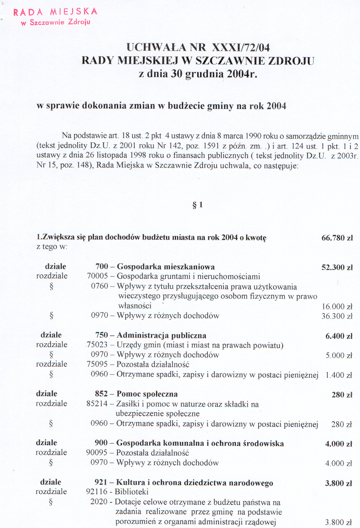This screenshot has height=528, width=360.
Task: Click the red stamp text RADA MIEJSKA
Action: point(55,12)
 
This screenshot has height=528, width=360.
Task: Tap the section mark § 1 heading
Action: point(198,205)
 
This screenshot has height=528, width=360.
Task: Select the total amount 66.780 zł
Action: point(337,238)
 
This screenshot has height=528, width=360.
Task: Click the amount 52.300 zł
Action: point(337,267)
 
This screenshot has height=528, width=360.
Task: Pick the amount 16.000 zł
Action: point(337,307)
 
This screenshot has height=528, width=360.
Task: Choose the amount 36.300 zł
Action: point(337,316)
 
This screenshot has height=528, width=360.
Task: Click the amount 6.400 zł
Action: point(338,336)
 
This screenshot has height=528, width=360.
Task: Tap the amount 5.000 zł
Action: point(338,356)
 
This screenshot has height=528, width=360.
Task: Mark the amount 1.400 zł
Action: point(338,375)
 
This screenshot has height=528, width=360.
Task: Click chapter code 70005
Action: point(97,276)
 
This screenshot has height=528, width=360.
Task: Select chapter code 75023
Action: point(97,345)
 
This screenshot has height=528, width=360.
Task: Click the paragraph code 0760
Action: point(99,286)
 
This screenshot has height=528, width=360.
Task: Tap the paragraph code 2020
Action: point(99,502)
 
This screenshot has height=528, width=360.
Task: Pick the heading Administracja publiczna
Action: point(162,335)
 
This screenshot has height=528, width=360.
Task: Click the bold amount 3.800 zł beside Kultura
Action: point(338,483)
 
